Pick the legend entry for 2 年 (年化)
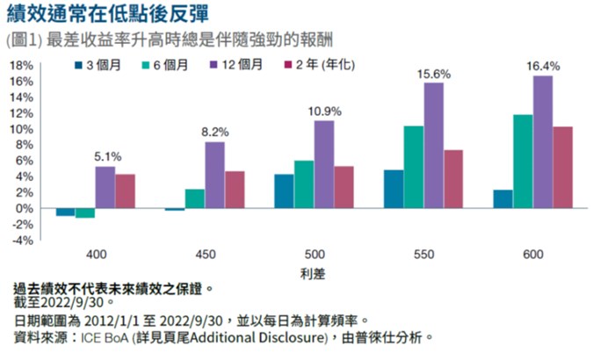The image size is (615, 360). click(x=319, y=66)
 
